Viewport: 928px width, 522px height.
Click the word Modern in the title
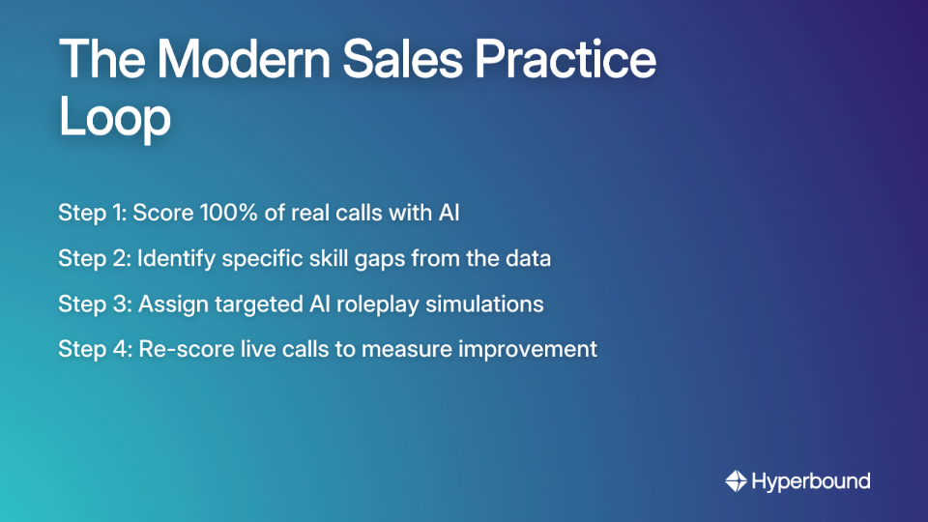coord(223,61)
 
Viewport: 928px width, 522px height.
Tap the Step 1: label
coord(92,213)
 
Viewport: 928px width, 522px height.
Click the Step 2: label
coord(94,258)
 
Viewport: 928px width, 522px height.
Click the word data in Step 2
coord(528,258)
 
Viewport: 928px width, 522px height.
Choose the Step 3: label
coord(94,304)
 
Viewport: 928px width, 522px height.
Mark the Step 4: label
coord(94,349)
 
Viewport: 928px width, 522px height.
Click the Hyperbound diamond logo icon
coord(736,480)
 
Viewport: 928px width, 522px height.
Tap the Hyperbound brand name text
coord(811,480)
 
